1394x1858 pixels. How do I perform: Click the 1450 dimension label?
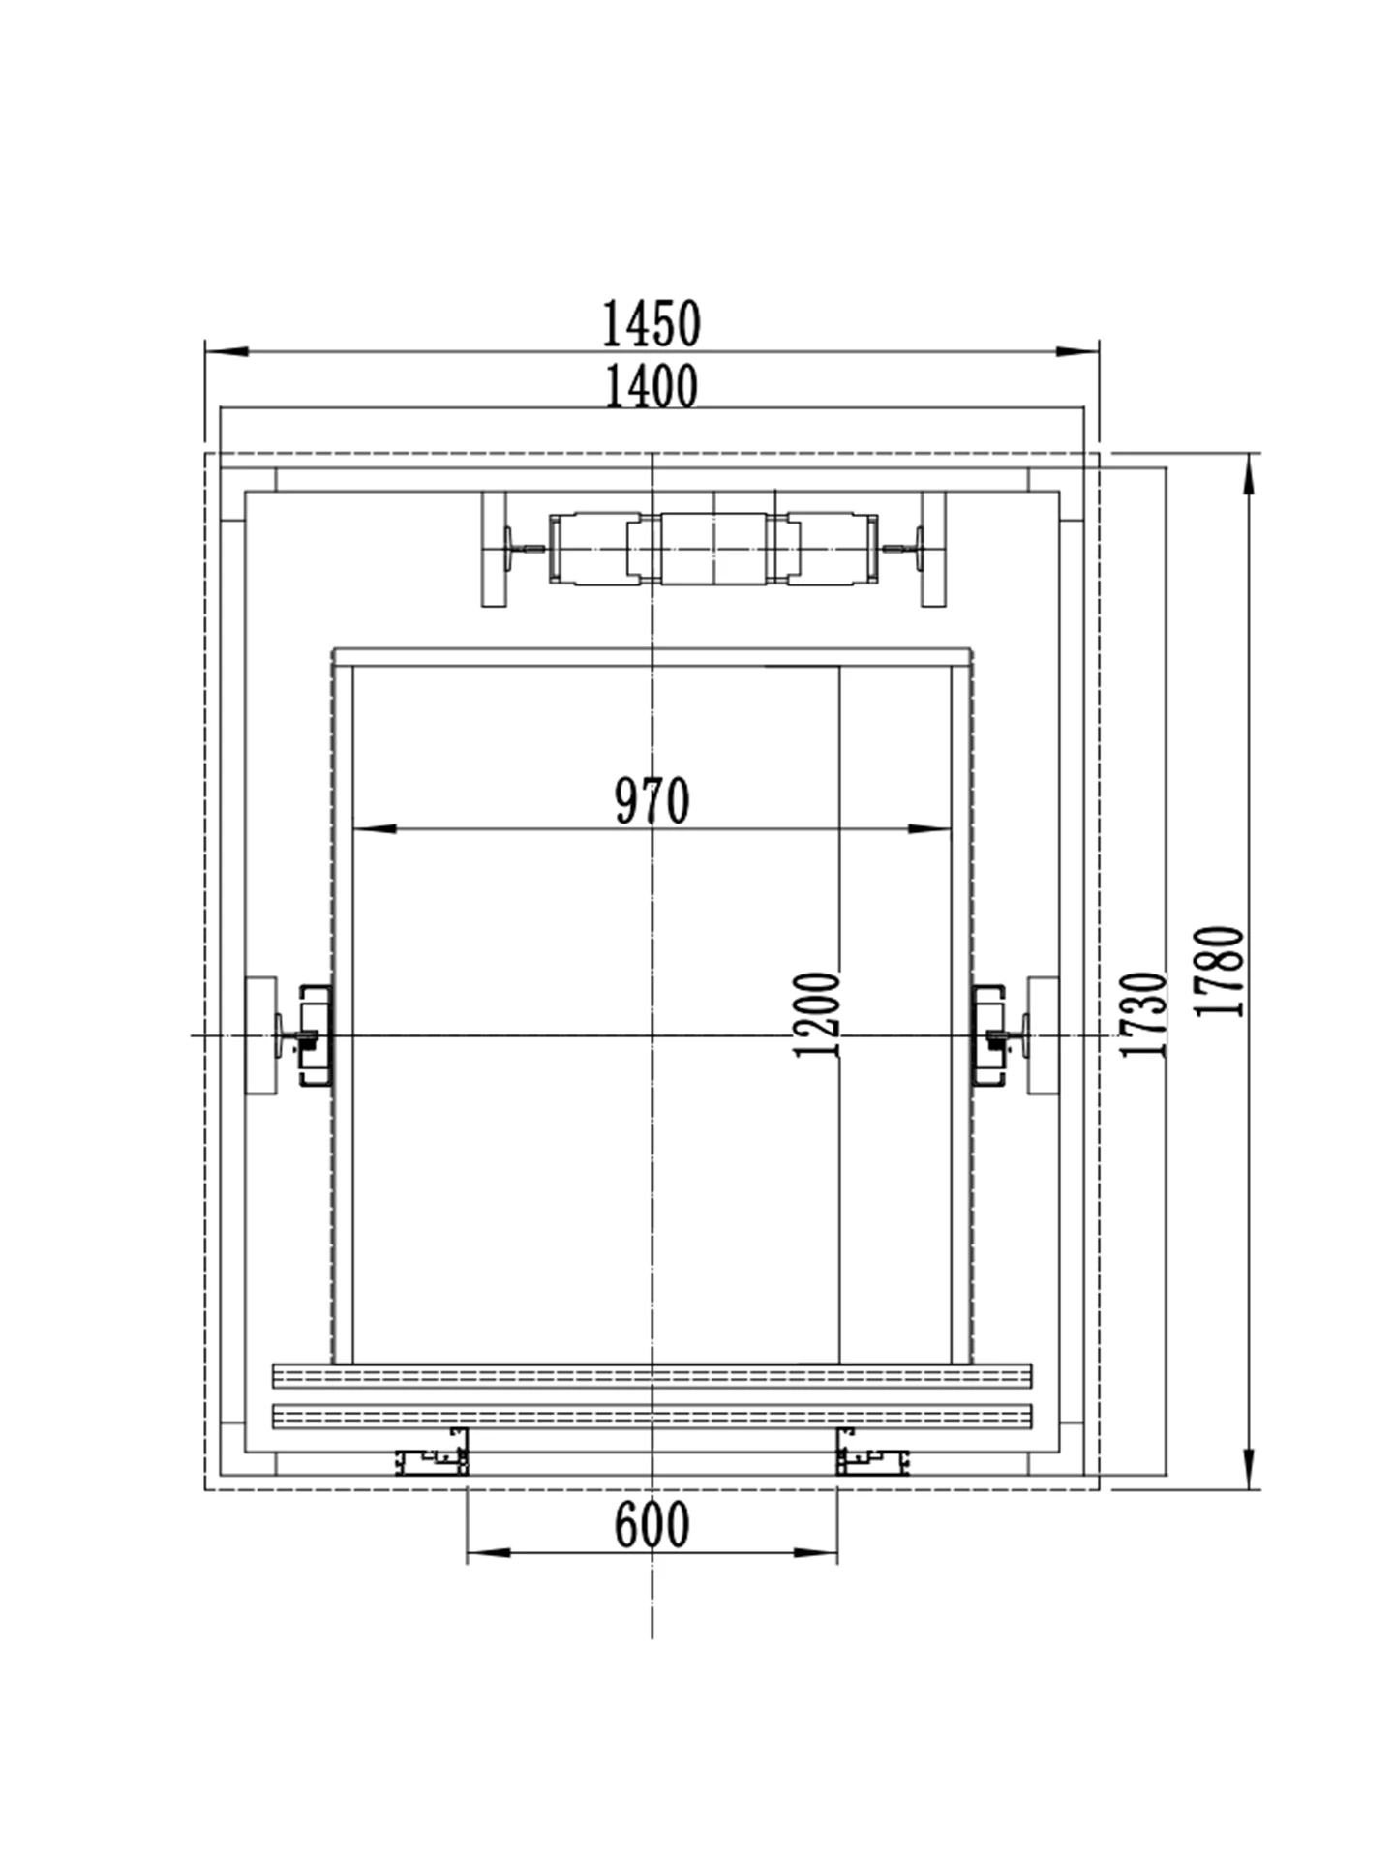tap(652, 324)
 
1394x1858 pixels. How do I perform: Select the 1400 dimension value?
tap(652, 386)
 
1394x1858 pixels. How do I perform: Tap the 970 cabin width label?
tap(652, 800)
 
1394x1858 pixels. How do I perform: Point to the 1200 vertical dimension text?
tap(815, 1014)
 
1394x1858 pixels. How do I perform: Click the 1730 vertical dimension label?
tap(1143, 1014)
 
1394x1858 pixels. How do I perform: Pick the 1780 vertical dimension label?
tap(1219, 971)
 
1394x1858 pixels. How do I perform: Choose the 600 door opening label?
tap(652, 1524)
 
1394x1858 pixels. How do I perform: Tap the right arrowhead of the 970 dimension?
tap(929, 828)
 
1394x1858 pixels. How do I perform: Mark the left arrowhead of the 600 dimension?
tap(489, 1553)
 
